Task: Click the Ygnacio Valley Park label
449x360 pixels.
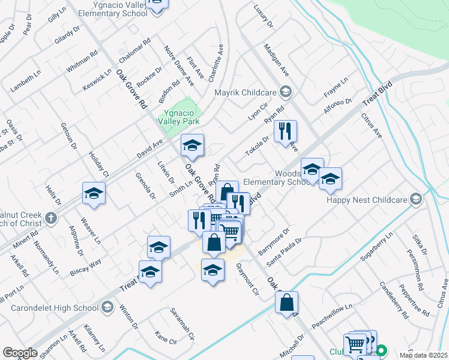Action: click(178, 116)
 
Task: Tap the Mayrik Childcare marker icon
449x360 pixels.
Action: click(286, 92)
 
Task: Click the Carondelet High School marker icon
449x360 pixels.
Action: click(107, 308)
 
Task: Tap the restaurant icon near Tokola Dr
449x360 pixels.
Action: click(285, 131)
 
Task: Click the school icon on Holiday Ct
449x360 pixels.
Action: click(94, 193)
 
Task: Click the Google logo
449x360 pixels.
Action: click(19, 353)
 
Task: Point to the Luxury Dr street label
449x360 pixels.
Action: click(263, 16)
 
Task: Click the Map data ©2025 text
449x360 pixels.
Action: click(424, 355)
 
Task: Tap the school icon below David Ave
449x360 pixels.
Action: click(192, 145)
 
